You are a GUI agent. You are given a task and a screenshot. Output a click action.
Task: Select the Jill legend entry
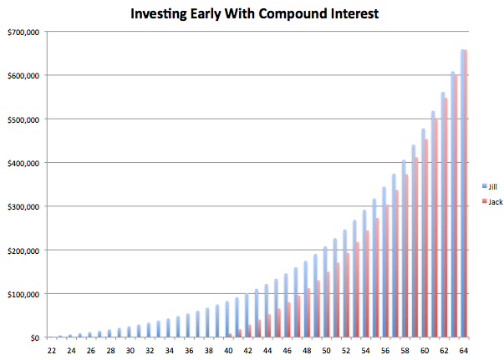click(490, 186)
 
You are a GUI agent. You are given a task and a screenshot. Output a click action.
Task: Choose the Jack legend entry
click(492, 201)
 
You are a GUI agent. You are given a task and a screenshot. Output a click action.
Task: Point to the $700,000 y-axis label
click(23, 33)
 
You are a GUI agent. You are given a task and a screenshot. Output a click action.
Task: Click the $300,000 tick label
click(23, 207)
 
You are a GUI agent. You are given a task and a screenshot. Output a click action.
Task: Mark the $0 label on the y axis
click(35, 337)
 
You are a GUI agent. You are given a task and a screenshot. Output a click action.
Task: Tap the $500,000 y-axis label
click(23, 119)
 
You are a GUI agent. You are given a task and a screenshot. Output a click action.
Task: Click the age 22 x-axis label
click(52, 351)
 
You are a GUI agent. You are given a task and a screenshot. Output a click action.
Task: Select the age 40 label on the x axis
click(228, 351)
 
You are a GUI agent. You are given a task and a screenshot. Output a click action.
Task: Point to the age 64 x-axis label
click(464, 351)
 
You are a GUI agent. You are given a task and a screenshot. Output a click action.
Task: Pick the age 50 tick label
click(326, 351)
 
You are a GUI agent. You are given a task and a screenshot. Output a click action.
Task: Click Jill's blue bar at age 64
click(462, 193)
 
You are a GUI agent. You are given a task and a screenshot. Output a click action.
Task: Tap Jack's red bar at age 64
click(466, 194)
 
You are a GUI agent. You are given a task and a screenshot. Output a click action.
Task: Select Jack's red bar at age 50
click(328, 304)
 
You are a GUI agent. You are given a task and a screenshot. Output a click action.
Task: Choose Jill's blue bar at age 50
click(325, 292)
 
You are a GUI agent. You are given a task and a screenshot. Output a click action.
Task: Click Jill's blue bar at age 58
click(404, 249)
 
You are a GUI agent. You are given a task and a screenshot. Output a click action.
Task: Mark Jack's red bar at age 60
click(426, 238)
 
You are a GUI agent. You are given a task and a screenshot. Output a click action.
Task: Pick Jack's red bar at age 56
click(387, 271)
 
